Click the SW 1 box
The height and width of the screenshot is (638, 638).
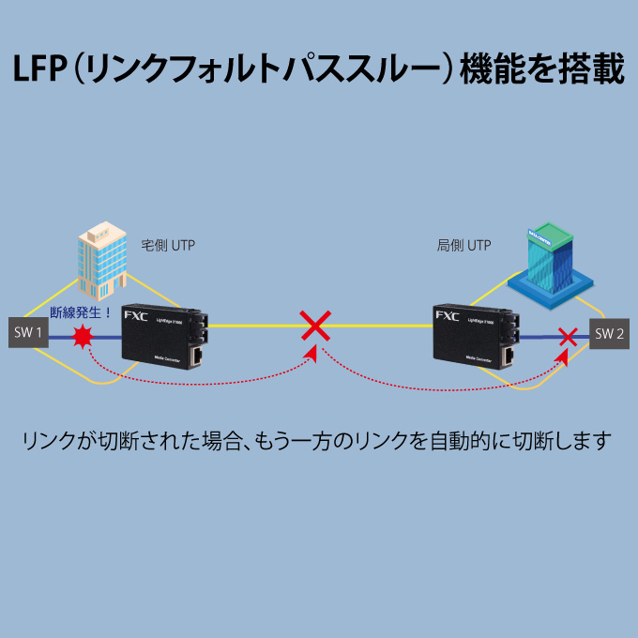(x=27, y=332)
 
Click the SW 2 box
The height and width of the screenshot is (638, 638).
(x=609, y=333)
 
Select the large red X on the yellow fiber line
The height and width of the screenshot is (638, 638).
(x=315, y=326)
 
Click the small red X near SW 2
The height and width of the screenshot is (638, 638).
(x=567, y=335)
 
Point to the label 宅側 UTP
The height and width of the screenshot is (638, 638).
(x=168, y=245)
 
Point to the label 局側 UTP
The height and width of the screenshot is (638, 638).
(x=463, y=245)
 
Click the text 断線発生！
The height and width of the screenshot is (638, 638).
(x=81, y=312)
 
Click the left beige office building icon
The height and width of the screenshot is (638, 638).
(x=102, y=259)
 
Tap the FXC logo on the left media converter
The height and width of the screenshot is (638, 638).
(x=135, y=315)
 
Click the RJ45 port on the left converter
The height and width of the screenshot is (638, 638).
(x=198, y=356)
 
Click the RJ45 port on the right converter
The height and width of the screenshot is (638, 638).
(x=508, y=356)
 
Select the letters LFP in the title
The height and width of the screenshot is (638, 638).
(x=38, y=72)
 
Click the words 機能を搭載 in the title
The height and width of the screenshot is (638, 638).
(x=541, y=72)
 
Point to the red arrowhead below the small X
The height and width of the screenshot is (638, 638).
(x=563, y=357)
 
